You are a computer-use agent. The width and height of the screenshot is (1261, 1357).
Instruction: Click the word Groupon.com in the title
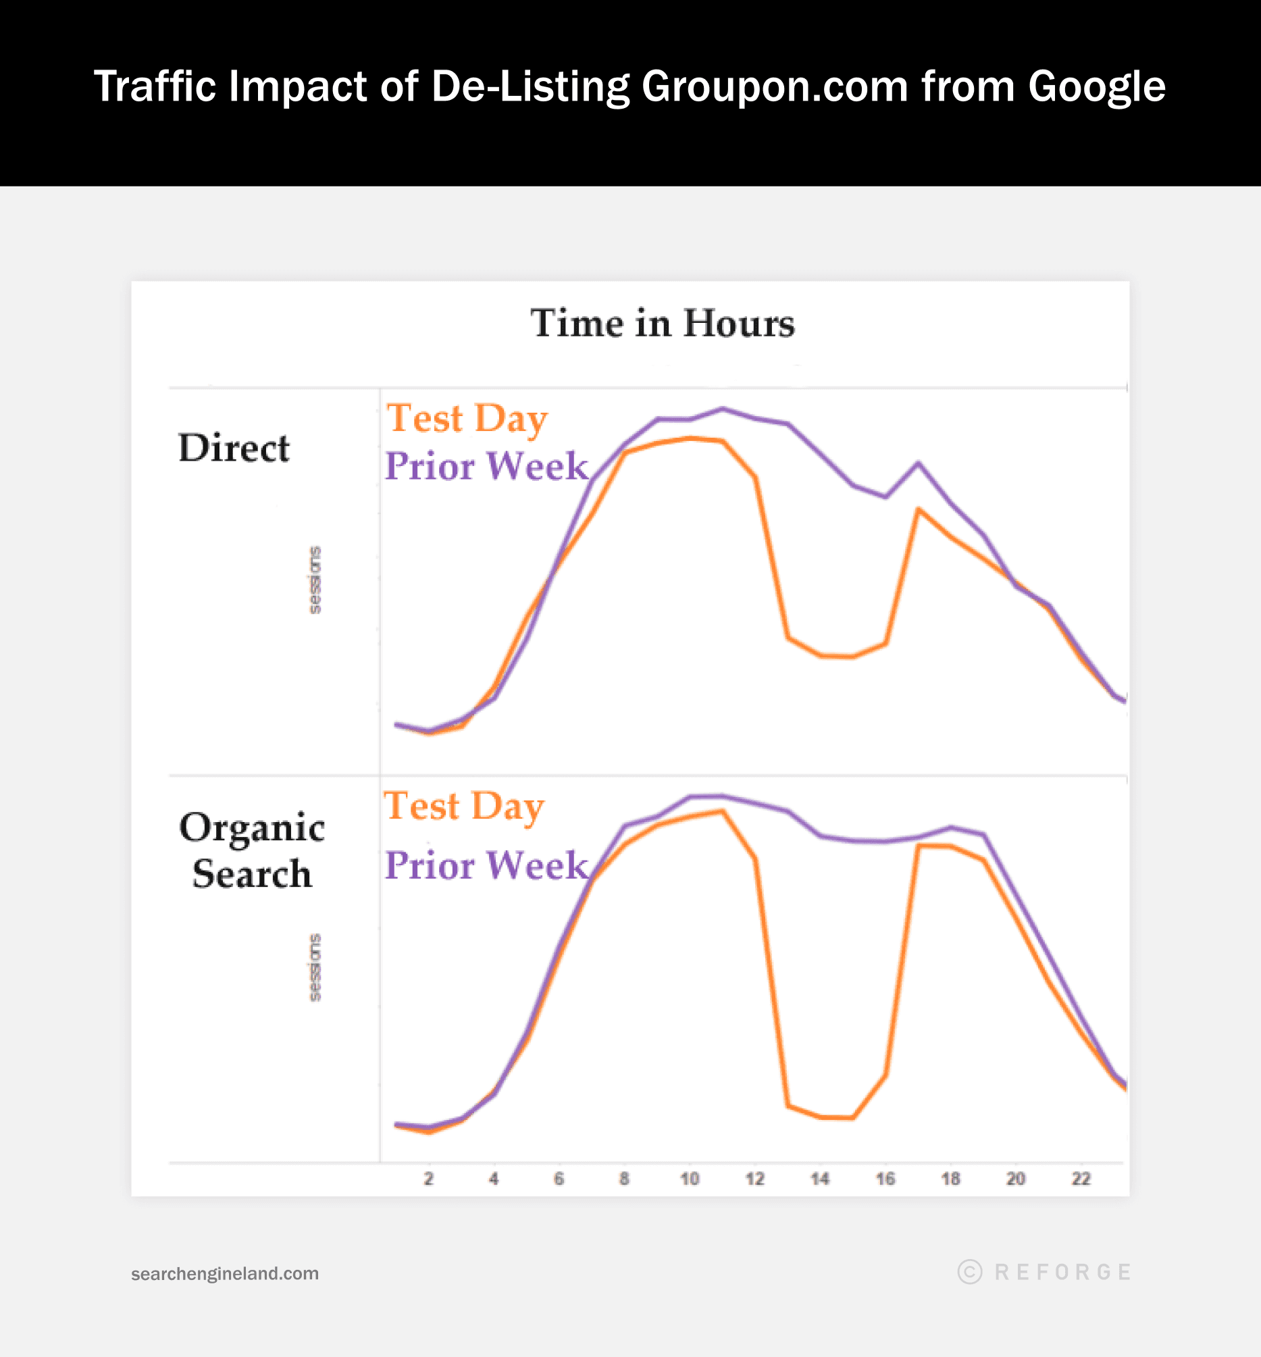pos(775,86)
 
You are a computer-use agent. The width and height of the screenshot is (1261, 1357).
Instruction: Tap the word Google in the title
pos(1097,86)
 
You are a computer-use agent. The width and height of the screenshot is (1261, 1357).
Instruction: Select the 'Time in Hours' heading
pos(663,323)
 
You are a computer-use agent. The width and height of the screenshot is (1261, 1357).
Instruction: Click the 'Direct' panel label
pos(234,449)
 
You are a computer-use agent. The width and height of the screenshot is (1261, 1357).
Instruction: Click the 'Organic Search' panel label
pos(252,850)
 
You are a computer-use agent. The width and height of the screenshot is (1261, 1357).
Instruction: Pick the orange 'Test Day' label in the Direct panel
pos(467,418)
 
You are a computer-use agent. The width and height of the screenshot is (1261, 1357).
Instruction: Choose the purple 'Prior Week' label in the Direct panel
pos(486,466)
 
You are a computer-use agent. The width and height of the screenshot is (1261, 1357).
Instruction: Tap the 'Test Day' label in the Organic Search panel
pos(464,806)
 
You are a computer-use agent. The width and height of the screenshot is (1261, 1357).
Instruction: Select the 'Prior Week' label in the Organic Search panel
pos(486,865)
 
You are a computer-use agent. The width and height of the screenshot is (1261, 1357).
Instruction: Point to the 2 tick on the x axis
pos(428,1178)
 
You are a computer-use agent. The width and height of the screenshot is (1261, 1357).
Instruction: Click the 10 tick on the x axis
pos(690,1178)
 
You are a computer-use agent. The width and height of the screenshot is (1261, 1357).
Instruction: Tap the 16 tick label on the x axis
pos(885,1178)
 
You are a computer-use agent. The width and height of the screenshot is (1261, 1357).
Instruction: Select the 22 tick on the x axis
pos(1081,1178)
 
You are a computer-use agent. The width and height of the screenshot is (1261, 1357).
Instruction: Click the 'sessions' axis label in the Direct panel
pos(315,580)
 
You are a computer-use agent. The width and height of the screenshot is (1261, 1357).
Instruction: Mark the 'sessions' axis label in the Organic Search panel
pos(315,967)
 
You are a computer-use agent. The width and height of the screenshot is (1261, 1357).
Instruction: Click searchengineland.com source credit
pos(224,1273)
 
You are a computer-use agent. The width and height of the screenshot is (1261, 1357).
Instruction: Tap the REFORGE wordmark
pos(1063,1272)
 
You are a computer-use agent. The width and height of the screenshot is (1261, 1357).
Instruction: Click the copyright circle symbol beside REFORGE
pos(970,1272)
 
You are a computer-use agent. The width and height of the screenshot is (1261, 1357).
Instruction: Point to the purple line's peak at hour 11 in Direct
pos(723,409)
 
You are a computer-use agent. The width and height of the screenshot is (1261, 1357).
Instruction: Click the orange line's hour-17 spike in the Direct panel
pos(919,510)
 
